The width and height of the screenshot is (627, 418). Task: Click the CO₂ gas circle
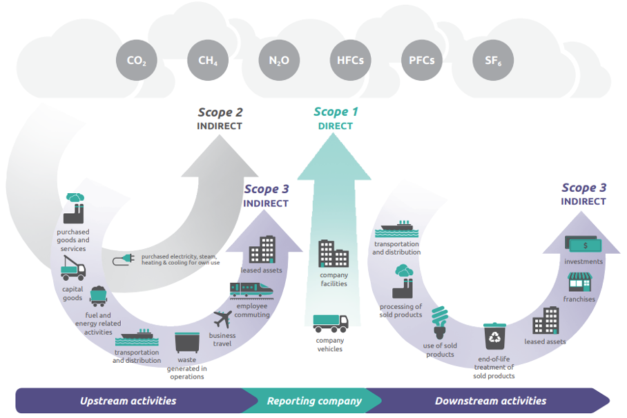pos(136,60)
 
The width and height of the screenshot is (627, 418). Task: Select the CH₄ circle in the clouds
pos(208,60)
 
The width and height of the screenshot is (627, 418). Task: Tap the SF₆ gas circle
pos(493,60)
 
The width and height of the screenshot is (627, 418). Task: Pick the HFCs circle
pos(350,60)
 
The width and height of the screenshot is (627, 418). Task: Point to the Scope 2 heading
pos(220,112)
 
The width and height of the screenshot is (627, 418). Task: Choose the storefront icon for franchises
pos(579,281)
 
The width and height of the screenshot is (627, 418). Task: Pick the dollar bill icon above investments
pos(583,245)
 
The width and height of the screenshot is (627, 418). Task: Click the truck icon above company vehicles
pos(330,323)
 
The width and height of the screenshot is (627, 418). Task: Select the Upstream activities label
pos(128,401)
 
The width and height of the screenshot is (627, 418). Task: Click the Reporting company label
pos(314,401)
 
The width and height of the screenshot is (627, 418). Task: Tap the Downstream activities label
pos(490,401)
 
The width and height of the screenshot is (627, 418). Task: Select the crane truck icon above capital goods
pos(73,268)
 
